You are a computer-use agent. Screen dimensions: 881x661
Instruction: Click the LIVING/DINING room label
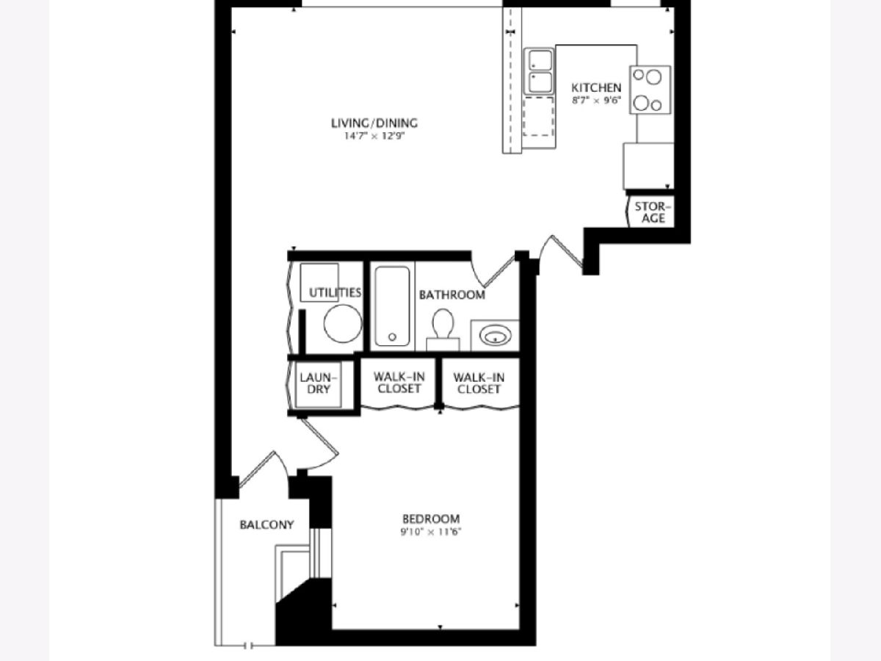(374, 123)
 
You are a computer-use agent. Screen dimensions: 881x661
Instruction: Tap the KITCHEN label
(596, 87)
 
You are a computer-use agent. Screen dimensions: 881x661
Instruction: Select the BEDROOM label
(431, 519)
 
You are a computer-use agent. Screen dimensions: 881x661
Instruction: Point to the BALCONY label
(267, 524)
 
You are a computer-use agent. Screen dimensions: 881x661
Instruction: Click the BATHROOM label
(452, 295)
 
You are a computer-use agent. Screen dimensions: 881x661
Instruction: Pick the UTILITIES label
(335, 292)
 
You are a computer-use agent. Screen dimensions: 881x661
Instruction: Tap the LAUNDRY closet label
(319, 383)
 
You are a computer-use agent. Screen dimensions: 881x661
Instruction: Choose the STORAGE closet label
(653, 212)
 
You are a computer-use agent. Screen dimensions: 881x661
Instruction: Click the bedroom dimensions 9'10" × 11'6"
(431, 532)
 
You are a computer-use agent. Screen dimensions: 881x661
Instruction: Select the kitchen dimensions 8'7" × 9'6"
(596, 101)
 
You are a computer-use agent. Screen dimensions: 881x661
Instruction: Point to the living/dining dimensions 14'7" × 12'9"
(374, 136)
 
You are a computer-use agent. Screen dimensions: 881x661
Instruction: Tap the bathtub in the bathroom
(392, 306)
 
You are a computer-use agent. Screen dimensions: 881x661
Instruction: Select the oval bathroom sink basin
(496, 335)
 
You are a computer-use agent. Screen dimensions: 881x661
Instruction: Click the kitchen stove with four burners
(650, 90)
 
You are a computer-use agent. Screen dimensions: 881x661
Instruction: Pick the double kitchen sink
(540, 71)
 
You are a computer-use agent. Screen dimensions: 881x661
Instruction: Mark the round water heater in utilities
(343, 323)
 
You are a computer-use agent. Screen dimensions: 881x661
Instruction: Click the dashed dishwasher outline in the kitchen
(539, 116)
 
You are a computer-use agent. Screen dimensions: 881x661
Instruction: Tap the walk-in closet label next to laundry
(399, 383)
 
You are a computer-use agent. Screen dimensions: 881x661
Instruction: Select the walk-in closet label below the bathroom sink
(479, 383)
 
